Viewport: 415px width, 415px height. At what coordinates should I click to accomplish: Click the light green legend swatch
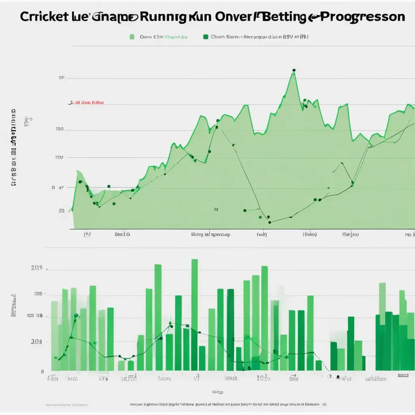click(x=132, y=37)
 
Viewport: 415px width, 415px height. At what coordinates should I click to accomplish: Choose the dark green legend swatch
click(x=205, y=37)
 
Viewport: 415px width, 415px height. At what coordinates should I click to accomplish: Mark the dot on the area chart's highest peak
click(x=293, y=70)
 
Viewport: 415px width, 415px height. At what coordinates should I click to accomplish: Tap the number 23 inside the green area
click(x=216, y=210)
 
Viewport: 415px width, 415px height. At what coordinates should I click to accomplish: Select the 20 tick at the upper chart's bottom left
click(x=61, y=211)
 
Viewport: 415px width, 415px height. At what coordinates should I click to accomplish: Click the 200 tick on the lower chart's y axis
click(x=36, y=342)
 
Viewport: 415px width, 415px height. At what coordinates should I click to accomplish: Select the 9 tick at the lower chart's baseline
click(x=42, y=371)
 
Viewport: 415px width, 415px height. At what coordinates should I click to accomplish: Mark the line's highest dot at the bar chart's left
click(x=76, y=315)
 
